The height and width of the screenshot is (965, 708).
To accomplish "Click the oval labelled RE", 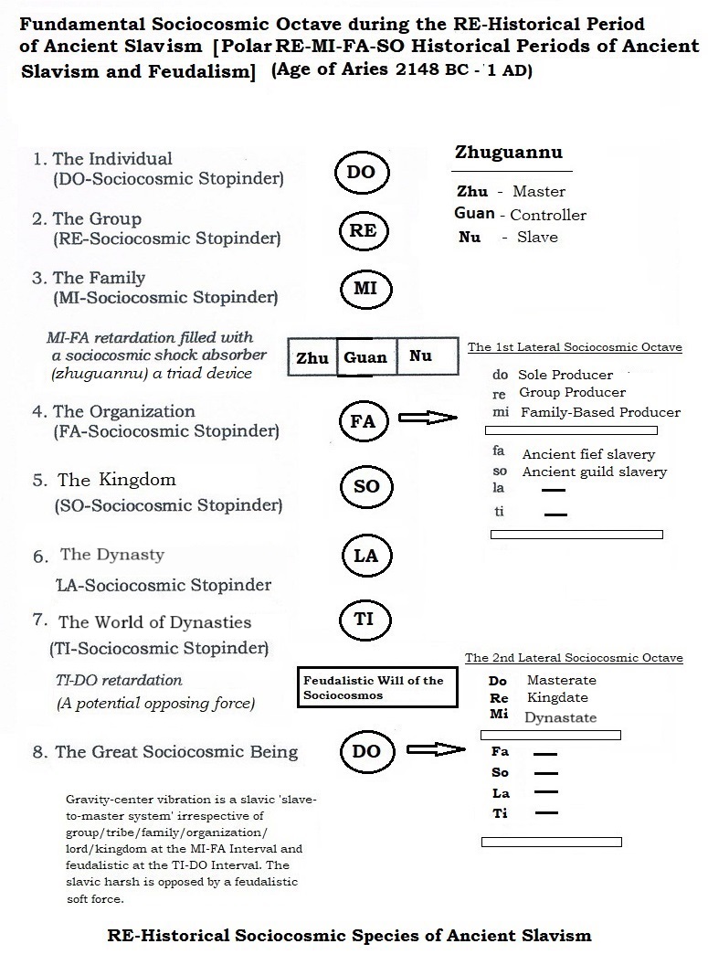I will pos(363,231).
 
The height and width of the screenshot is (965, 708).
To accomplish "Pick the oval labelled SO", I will pos(365,487).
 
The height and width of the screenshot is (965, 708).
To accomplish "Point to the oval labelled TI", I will pos(364,619).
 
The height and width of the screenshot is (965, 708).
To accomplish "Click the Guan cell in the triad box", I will pos(365,358).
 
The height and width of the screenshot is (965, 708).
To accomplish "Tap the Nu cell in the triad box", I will pos(421,356).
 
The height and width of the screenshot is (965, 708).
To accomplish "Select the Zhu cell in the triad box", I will pos(312,358).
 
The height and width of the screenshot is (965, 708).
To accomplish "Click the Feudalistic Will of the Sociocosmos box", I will pos(378,687).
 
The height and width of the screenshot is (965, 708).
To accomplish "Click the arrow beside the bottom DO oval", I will pos(434,750).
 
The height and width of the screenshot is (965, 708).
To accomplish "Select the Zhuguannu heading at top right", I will pos(509,153).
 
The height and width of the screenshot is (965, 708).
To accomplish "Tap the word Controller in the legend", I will pos(548,215).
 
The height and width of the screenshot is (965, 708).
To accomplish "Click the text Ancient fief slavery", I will pos(588,454).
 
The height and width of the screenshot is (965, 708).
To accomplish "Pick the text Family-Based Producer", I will pos(600,412).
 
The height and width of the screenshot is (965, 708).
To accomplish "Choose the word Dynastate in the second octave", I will pos(560,718).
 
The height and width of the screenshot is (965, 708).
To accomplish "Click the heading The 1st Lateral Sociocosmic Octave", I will pos(575,347).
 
